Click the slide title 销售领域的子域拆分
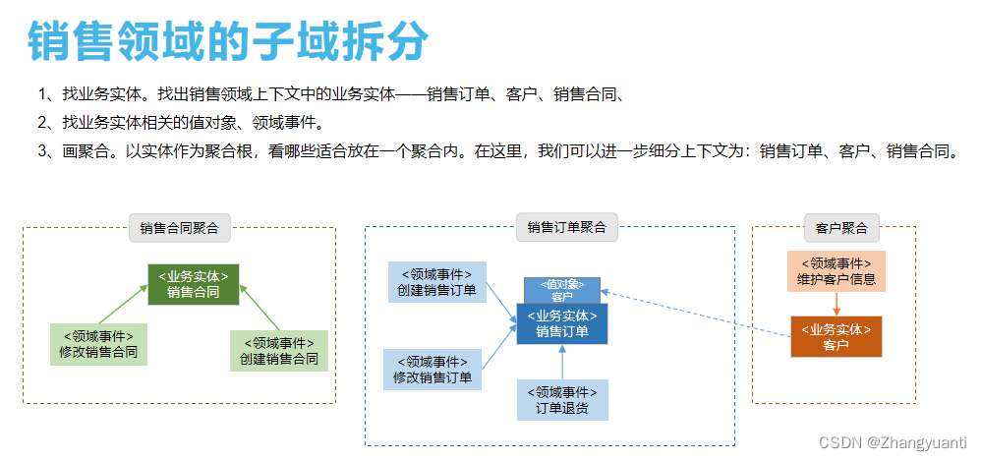click(228, 41)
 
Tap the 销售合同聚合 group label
click(179, 228)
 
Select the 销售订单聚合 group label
click(566, 227)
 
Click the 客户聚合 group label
click(841, 227)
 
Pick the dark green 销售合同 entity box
click(194, 284)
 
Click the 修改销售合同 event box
click(98, 344)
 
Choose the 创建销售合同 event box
click(279, 351)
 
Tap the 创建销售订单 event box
click(436, 282)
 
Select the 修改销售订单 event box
click(433, 370)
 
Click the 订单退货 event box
click(562, 399)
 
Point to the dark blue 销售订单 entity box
click(562, 323)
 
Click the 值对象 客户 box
click(562, 290)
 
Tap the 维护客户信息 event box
click(836, 271)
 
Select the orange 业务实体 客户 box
click(836, 336)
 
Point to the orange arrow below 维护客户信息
click(836, 304)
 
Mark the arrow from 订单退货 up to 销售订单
click(562, 362)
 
